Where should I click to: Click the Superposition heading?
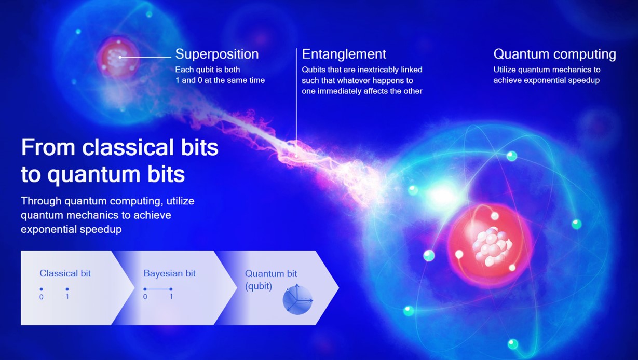click(x=217, y=54)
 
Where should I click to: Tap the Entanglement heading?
click(x=344, y=54)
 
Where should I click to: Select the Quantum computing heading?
click(x=554, y=54)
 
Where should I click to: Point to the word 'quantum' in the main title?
click(x=94, y=175)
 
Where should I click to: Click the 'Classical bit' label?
click(x=65, y=273)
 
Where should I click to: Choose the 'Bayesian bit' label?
click(x=169, y=273)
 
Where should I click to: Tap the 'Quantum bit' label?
click(x=271, y=273)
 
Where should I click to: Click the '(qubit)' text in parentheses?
click(x=259, y=286)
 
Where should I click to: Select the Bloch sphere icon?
click(x=297, y=300)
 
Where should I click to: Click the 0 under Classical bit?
click(x=42, y=297)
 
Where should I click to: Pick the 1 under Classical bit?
click(x=67, y=297)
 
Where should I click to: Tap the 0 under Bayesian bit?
click(x=145, y=297)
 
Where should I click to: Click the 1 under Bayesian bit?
click(x=171, y=297)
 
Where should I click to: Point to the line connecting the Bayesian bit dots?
click(x=158, y=289)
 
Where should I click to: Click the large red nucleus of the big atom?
click(x=490, y=245)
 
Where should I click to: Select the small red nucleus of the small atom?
click(x=118, y=58)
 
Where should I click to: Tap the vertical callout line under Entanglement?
click(x=296, y=103)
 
